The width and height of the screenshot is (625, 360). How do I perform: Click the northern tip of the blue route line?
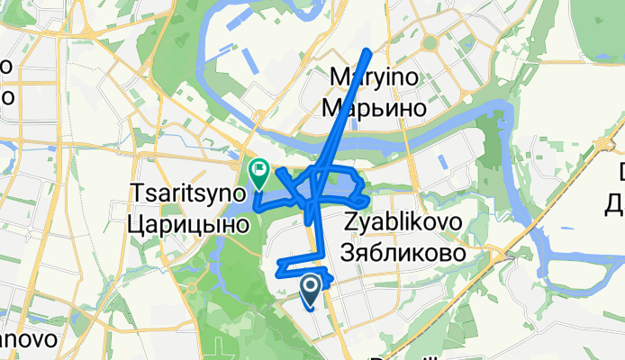pos(367,50)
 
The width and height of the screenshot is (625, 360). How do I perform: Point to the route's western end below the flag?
pos(258,206)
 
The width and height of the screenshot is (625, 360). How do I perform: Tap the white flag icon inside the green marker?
pos(259,166)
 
